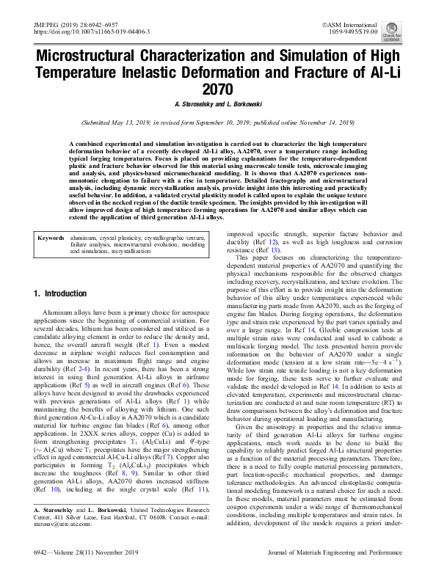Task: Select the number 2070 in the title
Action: coord(217,89)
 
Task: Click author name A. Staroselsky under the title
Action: coord(191,104)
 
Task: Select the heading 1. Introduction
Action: coord(61,293)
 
